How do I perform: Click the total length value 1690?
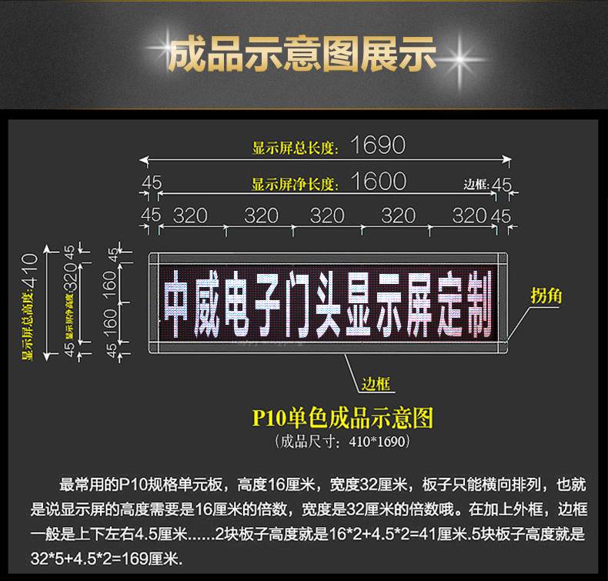click(377, 144)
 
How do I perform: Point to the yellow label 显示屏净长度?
click(295, 184)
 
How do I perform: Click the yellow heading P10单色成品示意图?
click(343, 419)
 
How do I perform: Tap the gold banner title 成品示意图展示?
click(302, 55)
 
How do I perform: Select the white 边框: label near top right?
click(477, 185)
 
